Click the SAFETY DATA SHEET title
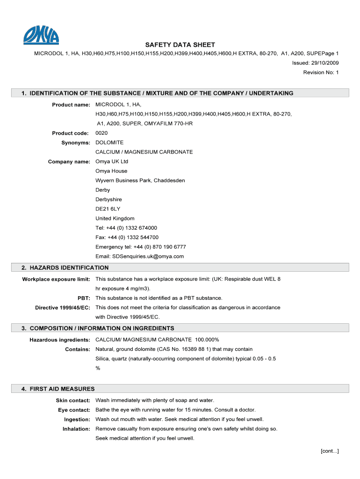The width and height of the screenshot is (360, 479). tap(180, 45)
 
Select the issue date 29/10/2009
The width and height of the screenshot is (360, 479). tap(324, 63)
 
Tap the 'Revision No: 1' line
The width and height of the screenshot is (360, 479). tap(321, 73)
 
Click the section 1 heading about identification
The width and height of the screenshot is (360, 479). tap(157, 93)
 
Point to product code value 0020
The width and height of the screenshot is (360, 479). tap(101, 133)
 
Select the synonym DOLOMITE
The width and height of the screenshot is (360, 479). tap(109, 143)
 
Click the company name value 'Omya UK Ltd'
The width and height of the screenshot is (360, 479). tap(112, 162)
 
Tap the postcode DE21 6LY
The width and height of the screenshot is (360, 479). tap(108, 209)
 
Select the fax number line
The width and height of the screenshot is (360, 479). tap(127, 238)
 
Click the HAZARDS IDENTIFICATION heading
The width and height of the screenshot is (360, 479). tap(65, 268)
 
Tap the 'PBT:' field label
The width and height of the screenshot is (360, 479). tap(84, 298)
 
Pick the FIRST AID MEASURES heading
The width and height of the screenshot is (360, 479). tap(58, 389)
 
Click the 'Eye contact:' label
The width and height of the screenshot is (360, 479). tap(73, 410)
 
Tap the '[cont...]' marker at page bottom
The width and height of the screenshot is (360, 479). tap(329, 451)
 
